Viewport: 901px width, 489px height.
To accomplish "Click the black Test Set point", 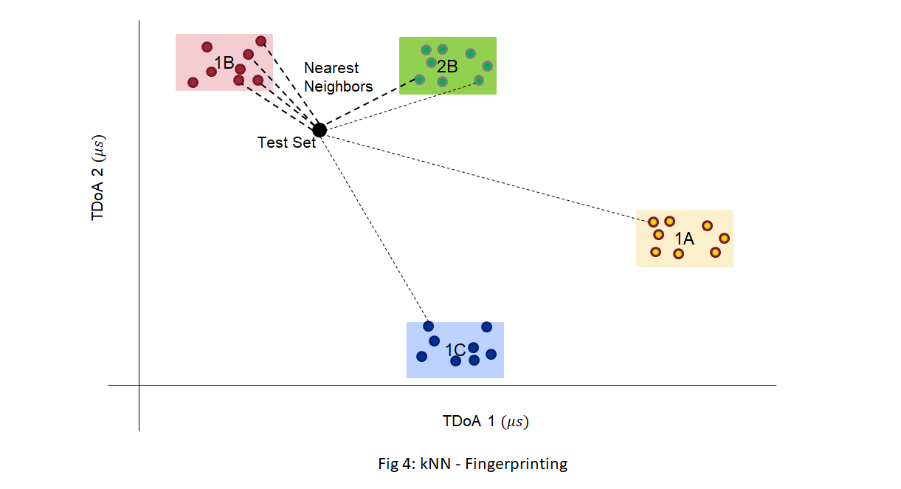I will (x=320, y=130).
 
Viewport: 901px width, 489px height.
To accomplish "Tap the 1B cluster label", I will (x=224, y=64).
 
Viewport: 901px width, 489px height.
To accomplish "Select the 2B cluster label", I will (x=447, y=66).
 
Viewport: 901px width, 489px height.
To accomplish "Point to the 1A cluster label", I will (x=684, y=239).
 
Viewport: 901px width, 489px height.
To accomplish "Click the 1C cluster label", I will (x=455, y=350).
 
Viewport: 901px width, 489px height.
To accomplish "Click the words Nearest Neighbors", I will (x=338, y=78).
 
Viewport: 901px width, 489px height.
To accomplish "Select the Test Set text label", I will (x=286, y=143).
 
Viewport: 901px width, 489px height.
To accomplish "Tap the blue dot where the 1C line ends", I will (x=428, y=326).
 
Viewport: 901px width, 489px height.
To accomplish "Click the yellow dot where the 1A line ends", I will (x=653, y=222).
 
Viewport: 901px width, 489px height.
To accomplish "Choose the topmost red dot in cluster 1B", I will (x=260, y=41).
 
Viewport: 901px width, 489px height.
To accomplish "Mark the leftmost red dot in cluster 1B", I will (x=193, y=82).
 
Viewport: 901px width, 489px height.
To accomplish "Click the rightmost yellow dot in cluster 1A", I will (x=724, y=238).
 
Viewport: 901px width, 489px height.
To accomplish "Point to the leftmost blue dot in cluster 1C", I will (x=421, y=356).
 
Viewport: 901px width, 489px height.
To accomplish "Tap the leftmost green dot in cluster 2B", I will (x=419, y=79).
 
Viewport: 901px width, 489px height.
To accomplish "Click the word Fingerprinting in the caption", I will (x=526, y=464).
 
